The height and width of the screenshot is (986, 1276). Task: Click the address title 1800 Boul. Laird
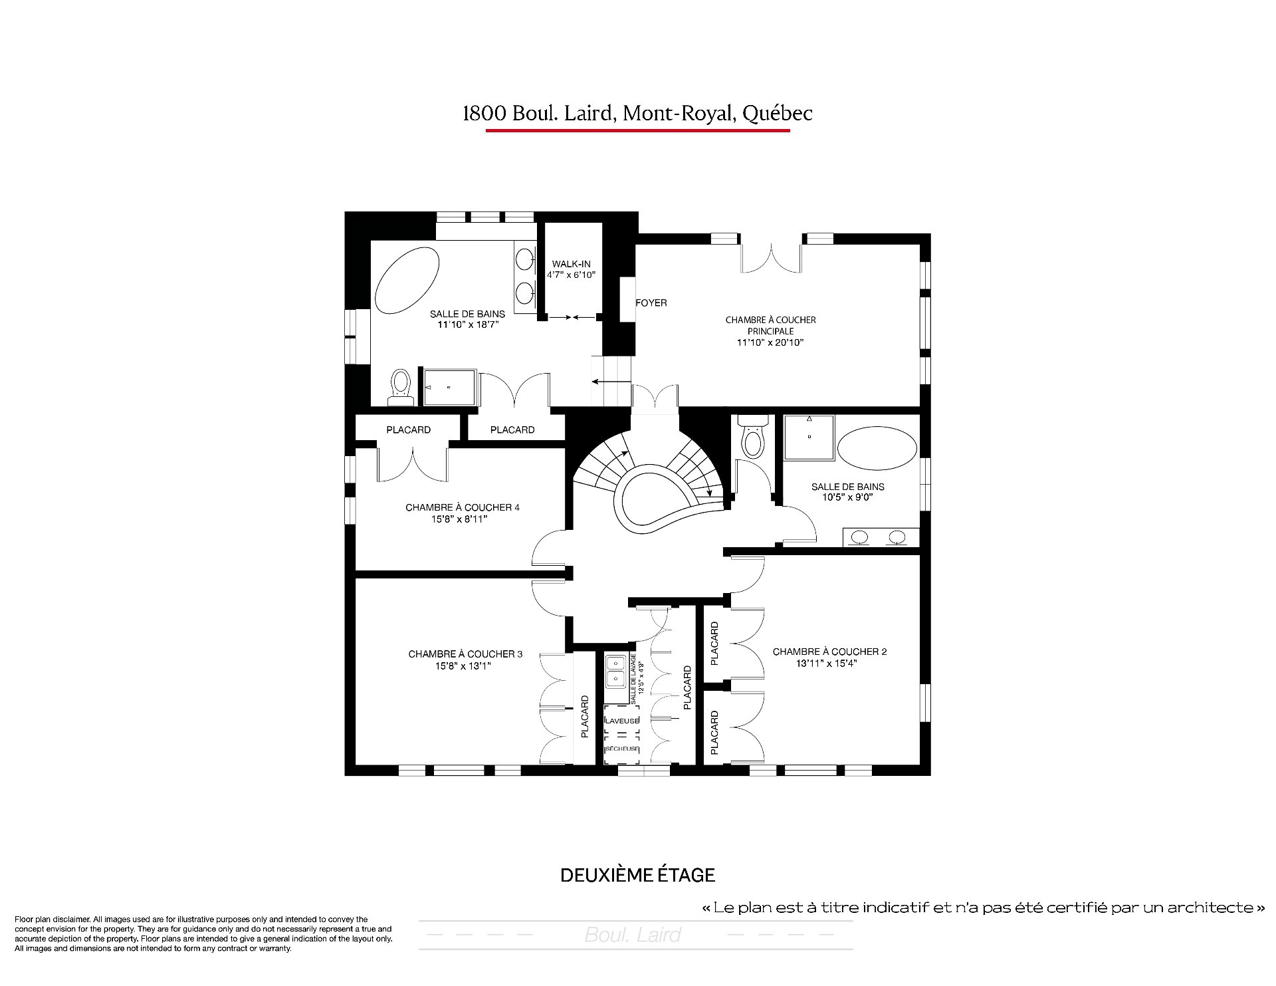pos(637,114)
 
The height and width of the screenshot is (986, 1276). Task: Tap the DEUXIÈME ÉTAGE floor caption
pos(637,875)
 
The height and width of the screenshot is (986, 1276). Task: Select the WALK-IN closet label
pos(572,264)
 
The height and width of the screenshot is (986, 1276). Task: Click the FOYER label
pos(651,303)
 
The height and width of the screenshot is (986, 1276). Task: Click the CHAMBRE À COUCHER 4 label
pos(463,508)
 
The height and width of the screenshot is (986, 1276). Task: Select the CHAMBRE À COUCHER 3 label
pos(465,654)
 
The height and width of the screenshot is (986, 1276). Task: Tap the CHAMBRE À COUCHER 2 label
pos(829,652)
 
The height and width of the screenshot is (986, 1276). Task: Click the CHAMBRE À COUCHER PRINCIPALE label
pos(770,325)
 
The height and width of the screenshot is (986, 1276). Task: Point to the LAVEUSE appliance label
pos(622,721)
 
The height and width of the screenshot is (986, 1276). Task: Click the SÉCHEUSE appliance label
pos(622,749)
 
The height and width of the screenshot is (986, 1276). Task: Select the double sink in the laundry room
pos(615,672)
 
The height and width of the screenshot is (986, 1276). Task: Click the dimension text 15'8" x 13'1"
pos(465,666)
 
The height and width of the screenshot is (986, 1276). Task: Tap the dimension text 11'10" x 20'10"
pos(770,343)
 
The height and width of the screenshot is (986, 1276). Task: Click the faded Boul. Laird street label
pos(633,935)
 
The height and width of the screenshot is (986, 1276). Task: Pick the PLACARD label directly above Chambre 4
pos(408,430)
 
